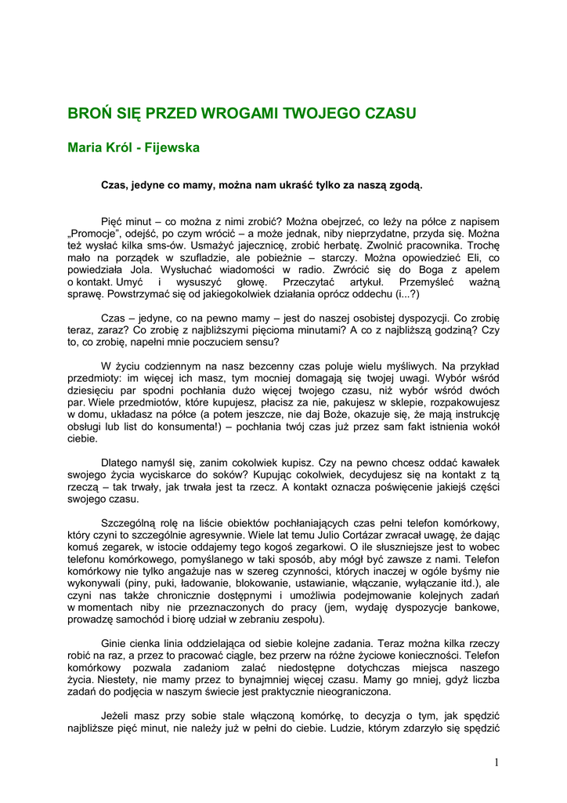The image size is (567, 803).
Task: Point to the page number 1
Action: click(497, 762)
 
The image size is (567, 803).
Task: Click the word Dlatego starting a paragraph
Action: click(123, 463)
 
